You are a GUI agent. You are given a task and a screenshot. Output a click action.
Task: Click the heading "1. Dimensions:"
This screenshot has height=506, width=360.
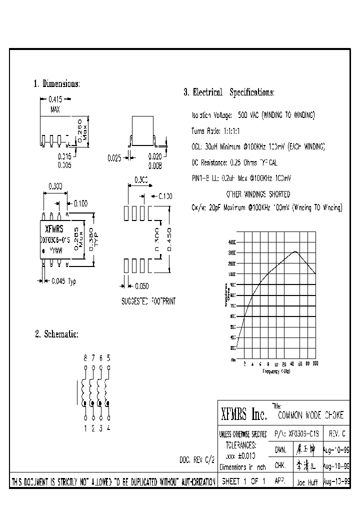57,83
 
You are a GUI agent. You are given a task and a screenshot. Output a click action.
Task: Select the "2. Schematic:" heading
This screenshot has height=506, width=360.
56,334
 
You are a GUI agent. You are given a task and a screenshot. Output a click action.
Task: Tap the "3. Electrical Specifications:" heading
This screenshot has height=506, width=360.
229,92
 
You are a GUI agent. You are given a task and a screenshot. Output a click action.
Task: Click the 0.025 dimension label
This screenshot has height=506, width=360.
114,158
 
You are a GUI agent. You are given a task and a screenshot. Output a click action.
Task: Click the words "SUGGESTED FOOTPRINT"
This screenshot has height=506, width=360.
148,301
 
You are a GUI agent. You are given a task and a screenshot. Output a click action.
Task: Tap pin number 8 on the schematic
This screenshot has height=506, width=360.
85,358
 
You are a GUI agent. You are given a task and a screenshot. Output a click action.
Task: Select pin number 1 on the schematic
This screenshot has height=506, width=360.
85,427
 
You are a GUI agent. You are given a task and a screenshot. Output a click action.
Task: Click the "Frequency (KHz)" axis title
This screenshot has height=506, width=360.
276,371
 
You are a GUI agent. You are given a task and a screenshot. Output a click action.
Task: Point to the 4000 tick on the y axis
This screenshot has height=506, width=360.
231,241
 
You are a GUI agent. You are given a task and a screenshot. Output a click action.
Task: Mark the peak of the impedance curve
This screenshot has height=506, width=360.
295,251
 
